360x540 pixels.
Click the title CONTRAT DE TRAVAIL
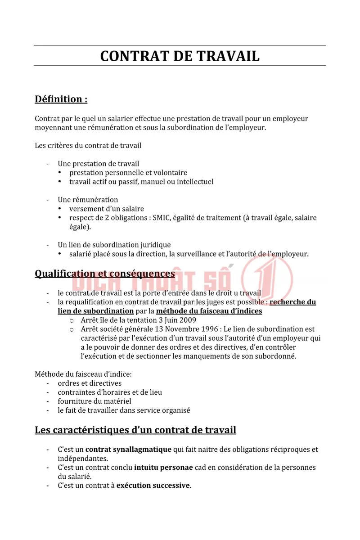click(x=180, y=56)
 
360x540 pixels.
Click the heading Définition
click(x=61, y=99)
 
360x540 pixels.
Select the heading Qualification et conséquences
click(x=105, y=274)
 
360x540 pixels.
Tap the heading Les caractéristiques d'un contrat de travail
click(x=135, y=430)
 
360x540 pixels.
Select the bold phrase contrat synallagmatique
click(x=128, y=450)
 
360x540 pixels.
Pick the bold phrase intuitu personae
click(x=163, y=468)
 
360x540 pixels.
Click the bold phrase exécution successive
click(x=153, y=486)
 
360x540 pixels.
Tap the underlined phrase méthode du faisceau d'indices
click(x=209, y=311)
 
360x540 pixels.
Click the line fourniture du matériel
click(x=94, y=401)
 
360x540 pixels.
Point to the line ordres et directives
click(x=90, y=383)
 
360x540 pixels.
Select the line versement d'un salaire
click(x=107, y=209)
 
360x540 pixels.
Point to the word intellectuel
click(x=193, y=182)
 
